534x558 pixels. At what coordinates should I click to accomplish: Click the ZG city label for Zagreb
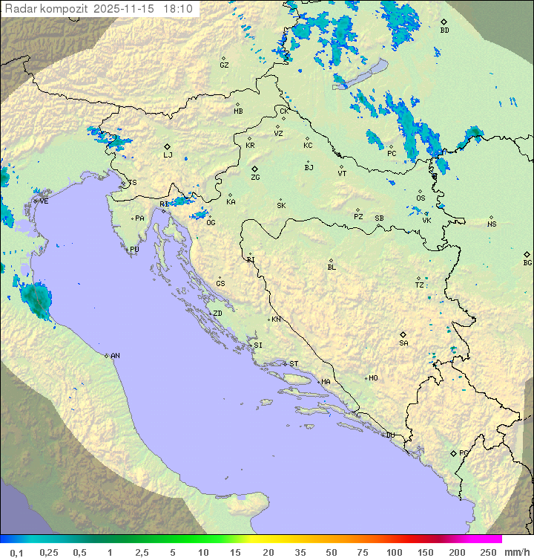tap(255, 178)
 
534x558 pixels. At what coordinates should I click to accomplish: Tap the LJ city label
tap(168, 155)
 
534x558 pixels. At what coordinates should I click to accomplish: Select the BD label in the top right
tap(444, 30)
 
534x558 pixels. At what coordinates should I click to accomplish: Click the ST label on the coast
tap(294, 364)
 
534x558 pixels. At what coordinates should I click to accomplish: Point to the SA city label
tap(403, 343)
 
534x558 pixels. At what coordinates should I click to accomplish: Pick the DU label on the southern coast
tap(390, 435)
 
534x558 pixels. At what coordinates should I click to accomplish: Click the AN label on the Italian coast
tap(115, 356)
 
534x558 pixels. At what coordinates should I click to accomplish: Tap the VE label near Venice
tap(44, 201)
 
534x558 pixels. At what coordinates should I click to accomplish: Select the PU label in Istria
tap(134, 250)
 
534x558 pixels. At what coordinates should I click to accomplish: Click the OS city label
tap(421, 198)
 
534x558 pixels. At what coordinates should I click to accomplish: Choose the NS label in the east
tap(492, 224)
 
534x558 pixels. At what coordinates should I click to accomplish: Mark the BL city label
tap(332, 267)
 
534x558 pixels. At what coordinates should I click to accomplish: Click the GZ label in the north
tap(224, 65)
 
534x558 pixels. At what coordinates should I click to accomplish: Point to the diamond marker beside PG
tap(453, 453)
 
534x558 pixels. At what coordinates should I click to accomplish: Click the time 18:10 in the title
tap(179, 9)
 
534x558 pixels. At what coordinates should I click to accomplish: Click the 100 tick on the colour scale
tap(394, 552)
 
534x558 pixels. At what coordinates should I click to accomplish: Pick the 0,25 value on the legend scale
tap(49, 552)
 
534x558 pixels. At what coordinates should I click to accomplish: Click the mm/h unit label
tap(515, 552)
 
